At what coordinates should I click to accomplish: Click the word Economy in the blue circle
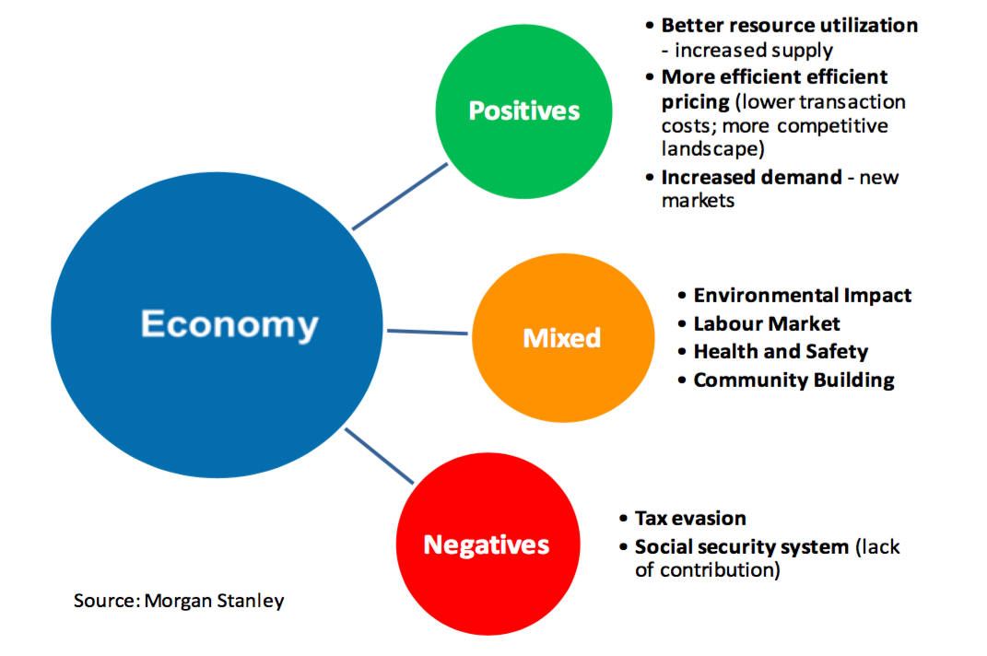pyautogui.click(x=229, y=324)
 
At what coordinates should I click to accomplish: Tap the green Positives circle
pyautogui.click(x=523, y=111)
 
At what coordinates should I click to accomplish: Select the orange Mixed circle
pyautogui.click(x=561, y=338)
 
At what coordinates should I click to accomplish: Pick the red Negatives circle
pyautogui.click(x=486, y=545)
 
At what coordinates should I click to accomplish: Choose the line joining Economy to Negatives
pyautogui.click(x=379, y=455)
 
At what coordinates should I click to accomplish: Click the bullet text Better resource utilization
pyautogui.click(x=789, y=25)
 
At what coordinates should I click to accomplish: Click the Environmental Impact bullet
pyautogui.click(x=802, y=296)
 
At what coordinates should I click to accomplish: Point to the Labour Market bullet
pyautogui.click(x=766, y=323)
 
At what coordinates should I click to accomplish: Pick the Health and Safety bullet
pyautogui.click(x=780, y=351)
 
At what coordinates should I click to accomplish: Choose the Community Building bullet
pyautogui.click(x=793, y=380)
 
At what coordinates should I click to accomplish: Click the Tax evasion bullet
pyautogui.click(x=689, y=519)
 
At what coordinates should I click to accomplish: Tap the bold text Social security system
pyautogui.click(x=741, y=546)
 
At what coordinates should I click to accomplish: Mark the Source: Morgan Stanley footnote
pyautogui.click(x=179, y=601)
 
